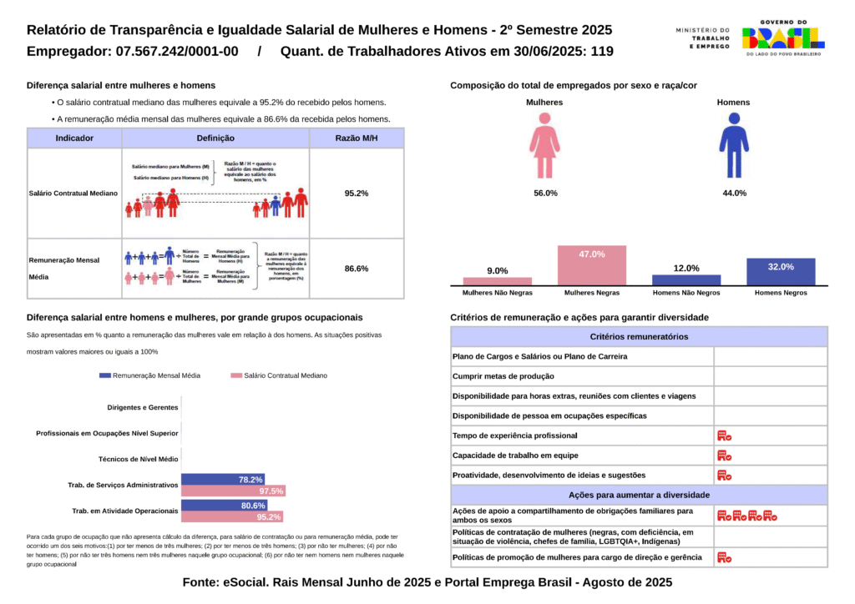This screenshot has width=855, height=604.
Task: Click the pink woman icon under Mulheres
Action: pyautogui.click(x=544, y=145)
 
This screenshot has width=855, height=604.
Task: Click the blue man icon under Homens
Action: pyautogui.click(x=734, y=145)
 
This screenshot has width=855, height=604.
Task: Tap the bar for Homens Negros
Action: pyautogui.click(x=781, y=272)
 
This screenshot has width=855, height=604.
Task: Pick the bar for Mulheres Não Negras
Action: pyautogui.click(x=498, y=281)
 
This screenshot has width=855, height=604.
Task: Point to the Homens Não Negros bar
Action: pyautogui.click(x=686, y=280)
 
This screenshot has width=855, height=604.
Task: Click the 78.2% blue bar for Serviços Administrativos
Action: pyautogui.click(x=223, y=480)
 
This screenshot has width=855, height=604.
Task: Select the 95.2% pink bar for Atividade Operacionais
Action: pyautogui.click(x=232, y=517)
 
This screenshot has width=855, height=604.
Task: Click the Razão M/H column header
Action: pyautogui.click(x=357, y=138)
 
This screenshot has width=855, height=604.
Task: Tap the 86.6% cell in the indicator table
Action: pyautogui.click(x=357, y=269)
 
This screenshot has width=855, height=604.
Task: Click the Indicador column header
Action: pyautogui.click(x=74, y=138)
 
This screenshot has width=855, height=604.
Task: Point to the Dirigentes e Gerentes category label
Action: pyautogui.click(x=143, y=408)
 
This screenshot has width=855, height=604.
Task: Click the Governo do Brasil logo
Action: pyautogui.click(x=782, y=38)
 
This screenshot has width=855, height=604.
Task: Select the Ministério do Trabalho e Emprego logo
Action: pyautogui.click(x=702, y=38)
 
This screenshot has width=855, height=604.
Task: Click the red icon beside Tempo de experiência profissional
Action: pyautogui.click(x=724, y=435)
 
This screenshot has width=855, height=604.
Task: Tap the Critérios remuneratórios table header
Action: pyautogui.click(x=639, y=337)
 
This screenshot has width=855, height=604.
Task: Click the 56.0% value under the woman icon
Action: pyautogui.click(x=545, y=193)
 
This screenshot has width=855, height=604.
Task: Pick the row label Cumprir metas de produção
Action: pyautogui.click(x=503, y=376)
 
